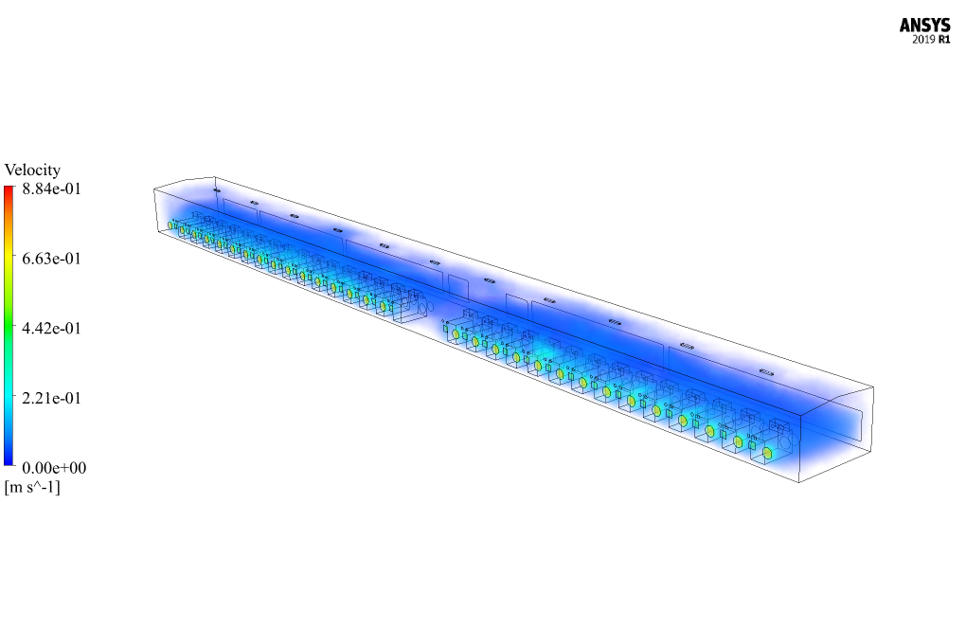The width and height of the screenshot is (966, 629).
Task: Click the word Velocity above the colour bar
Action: [x=32, y=170]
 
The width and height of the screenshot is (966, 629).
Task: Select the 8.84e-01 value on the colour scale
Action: [x=51, y=189]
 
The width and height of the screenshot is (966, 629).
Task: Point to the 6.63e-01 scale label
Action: [x=51, y=258]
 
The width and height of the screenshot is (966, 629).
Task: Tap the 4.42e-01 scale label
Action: [x=51, y=328]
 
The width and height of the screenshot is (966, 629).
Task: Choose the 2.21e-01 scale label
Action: [x=51, y=398]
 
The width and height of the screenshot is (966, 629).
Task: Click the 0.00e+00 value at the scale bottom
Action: [x=54, y=468]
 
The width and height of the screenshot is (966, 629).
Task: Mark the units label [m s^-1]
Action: [x=32, y=487]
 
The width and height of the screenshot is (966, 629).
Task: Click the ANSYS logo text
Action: [x=924, y=26]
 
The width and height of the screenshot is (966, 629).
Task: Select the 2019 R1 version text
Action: [x=931, y=40]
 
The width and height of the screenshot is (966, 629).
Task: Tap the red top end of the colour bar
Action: [x=9, y=188]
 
